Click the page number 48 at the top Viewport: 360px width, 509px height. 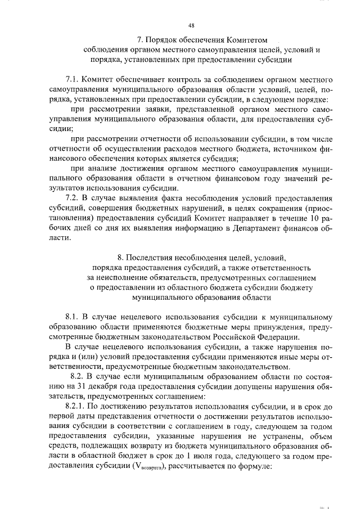coord(191,25)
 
